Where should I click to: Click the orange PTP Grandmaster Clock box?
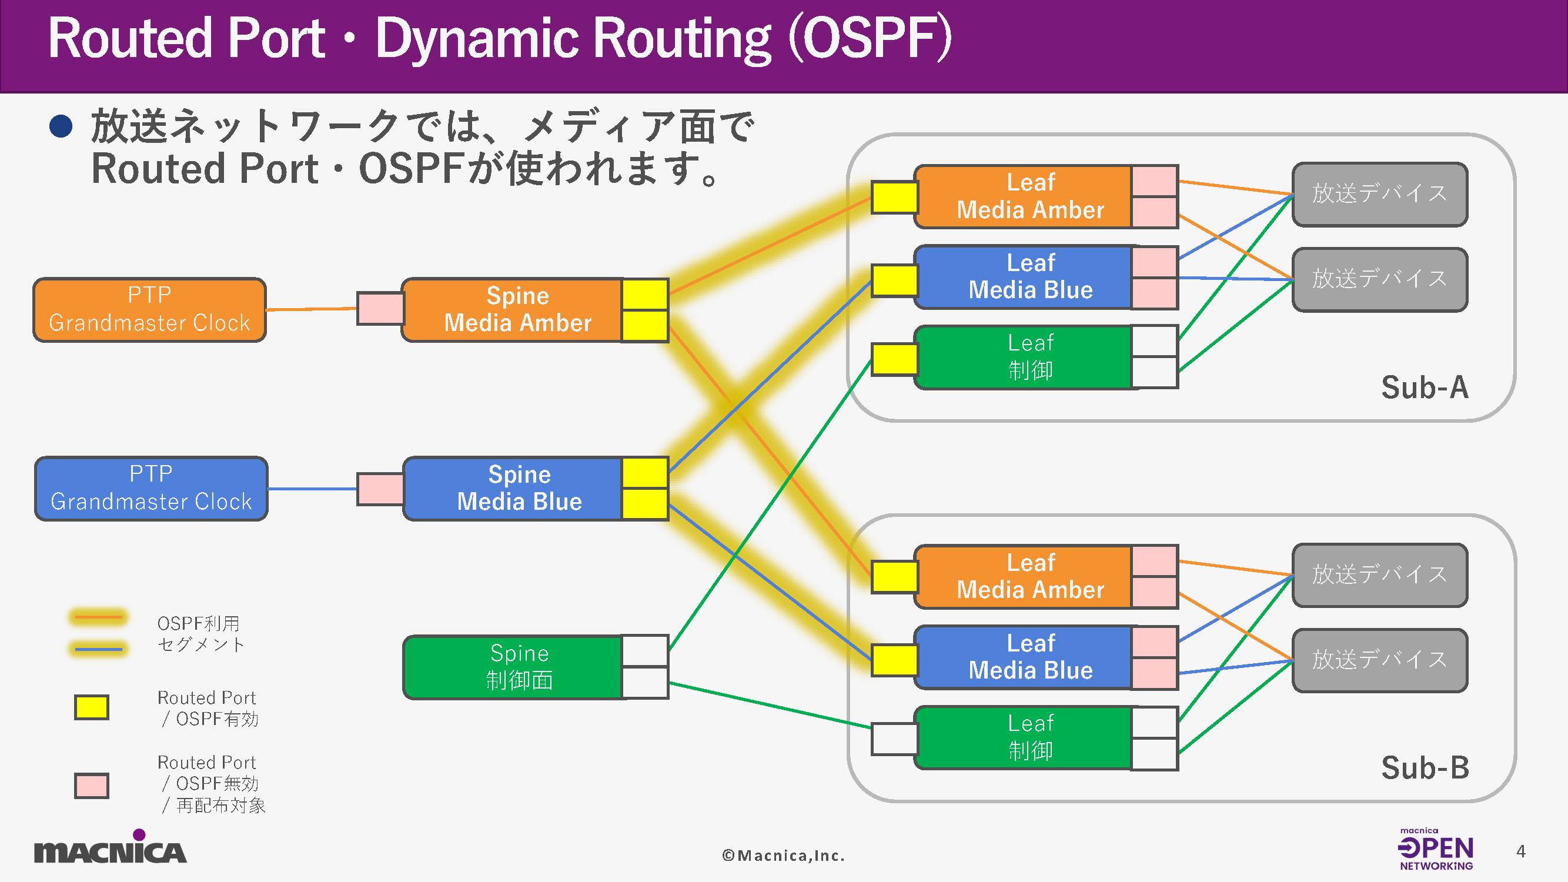click(150, 310)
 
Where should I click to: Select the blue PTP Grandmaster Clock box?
click(151, 489)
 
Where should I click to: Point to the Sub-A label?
click(1425, 387)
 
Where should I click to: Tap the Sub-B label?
click(1425, 768)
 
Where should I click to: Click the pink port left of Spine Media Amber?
click(380, 309)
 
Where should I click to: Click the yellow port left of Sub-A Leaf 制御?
click(894, 360)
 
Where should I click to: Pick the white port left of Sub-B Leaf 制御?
click(894, 739)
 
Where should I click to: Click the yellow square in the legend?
click(91, 707)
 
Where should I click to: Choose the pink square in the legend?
click(91, 785)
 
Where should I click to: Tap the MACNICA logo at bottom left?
click(110, 848)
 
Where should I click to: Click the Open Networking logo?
click(1435, 850)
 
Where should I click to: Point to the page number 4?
click(1520, 851)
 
